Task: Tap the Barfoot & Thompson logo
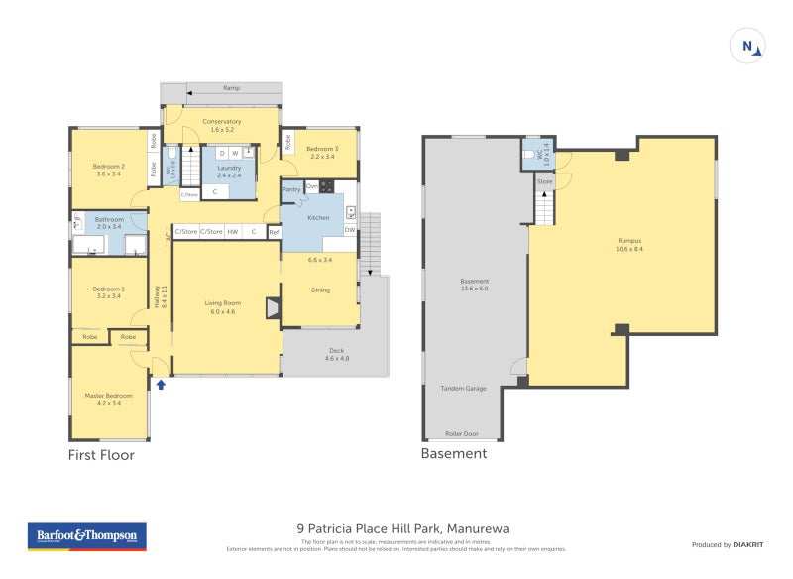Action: pos(86,536)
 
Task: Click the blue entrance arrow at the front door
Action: pos(160,384)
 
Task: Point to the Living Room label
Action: pos(223,307)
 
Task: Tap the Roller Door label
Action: pos(463,433)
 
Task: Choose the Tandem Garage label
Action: pos(463,388)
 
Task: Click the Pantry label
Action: pos(290,188)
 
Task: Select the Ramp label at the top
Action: pos(231,88)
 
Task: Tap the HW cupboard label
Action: pos(232,232)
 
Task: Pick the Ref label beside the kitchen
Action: pos(274,232)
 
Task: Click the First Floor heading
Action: pos(100,455)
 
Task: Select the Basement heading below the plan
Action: pos(454,454)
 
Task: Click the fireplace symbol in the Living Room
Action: pos(273,309)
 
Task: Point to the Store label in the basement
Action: pos(544,182)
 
